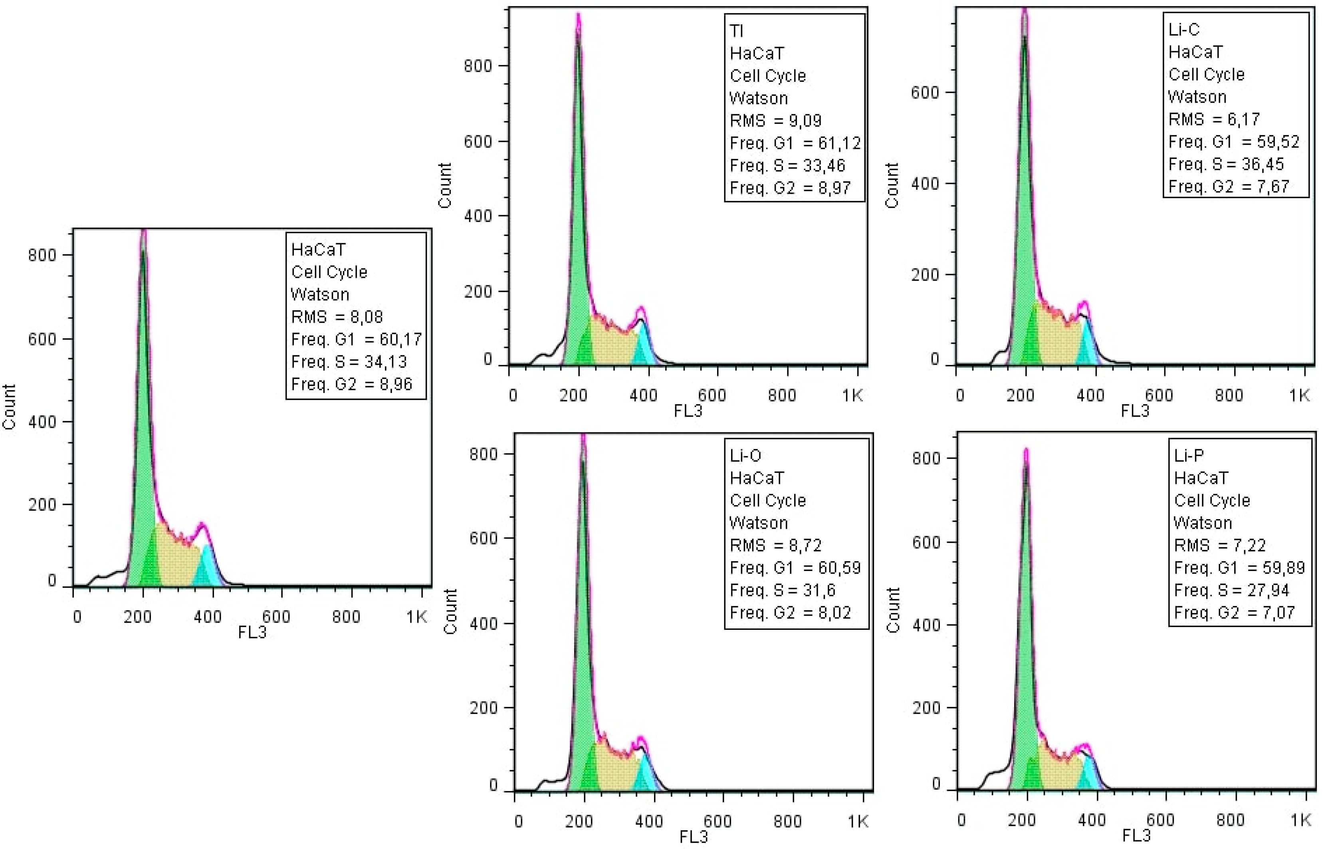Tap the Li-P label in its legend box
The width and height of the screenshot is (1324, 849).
[x=1189, y=455]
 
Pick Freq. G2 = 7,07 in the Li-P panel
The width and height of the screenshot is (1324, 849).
[x=1234, y=613]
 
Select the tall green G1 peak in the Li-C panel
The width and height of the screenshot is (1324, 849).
[x=1024, y=193]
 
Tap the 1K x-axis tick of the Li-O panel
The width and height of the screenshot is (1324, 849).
[x=858, y=822]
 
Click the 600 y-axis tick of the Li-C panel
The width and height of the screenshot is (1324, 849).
[x=924, y=93]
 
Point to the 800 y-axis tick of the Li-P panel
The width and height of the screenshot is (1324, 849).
[x=926, y=459]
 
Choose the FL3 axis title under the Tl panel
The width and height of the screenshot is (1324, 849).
[x=688, y=411]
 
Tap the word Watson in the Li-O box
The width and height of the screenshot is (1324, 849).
[x=759, y=523]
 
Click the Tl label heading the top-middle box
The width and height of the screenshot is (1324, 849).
[x=736, y=31]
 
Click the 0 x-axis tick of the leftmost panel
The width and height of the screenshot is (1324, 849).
[x=77, y=616]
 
